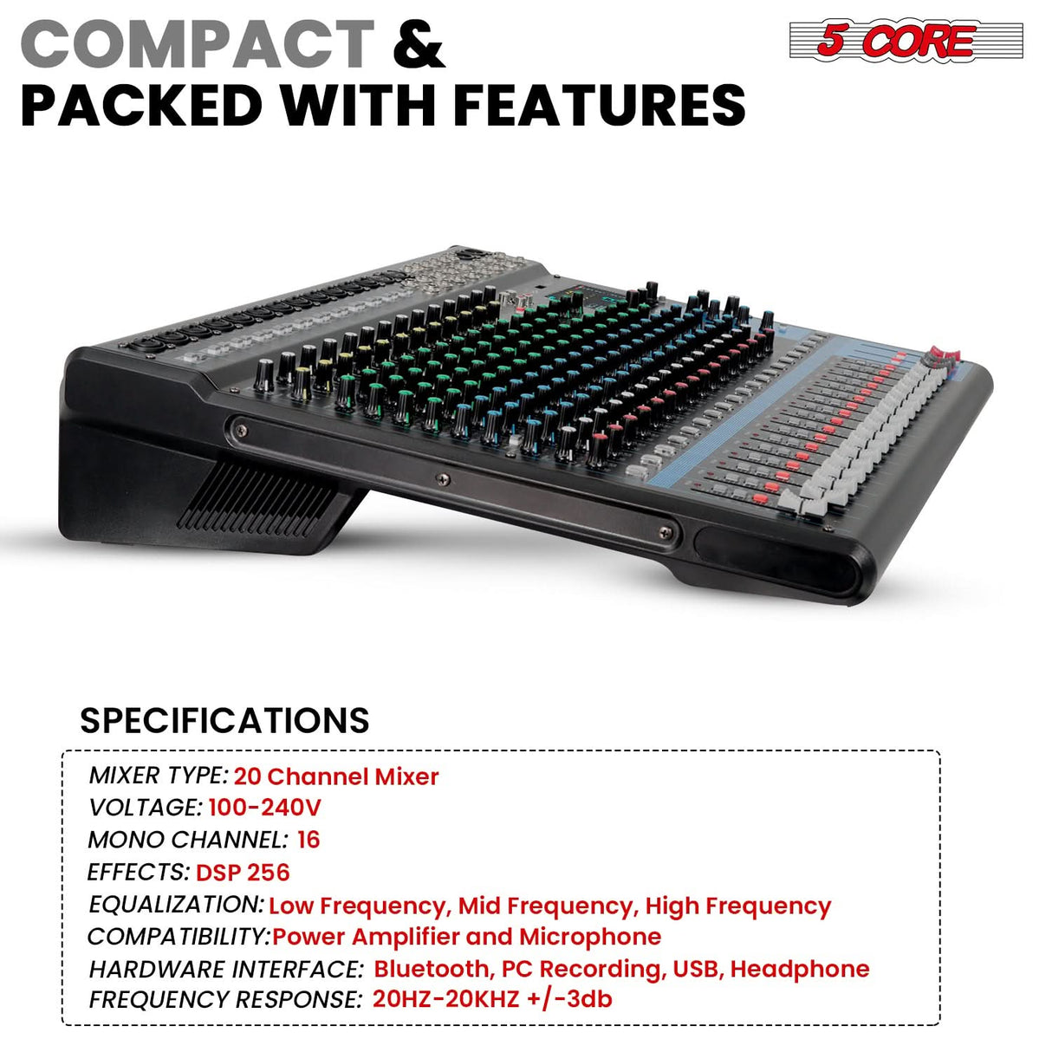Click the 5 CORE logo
(906, 41)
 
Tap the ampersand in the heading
(419, 44)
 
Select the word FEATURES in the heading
(599, 106)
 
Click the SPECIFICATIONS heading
(224, 720)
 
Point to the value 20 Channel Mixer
(336, 776)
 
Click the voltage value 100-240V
(264, 808)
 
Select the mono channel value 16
(308, 840)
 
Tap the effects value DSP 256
(243, 872)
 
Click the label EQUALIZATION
(176, 905)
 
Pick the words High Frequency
(737, 906)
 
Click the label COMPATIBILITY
(179, 937)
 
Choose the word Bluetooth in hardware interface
(432, 969)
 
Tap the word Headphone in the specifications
(800, 969)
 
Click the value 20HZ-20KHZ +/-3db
(492, 999)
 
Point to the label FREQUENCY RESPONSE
(224, 1000)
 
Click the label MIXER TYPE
(158, 776)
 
